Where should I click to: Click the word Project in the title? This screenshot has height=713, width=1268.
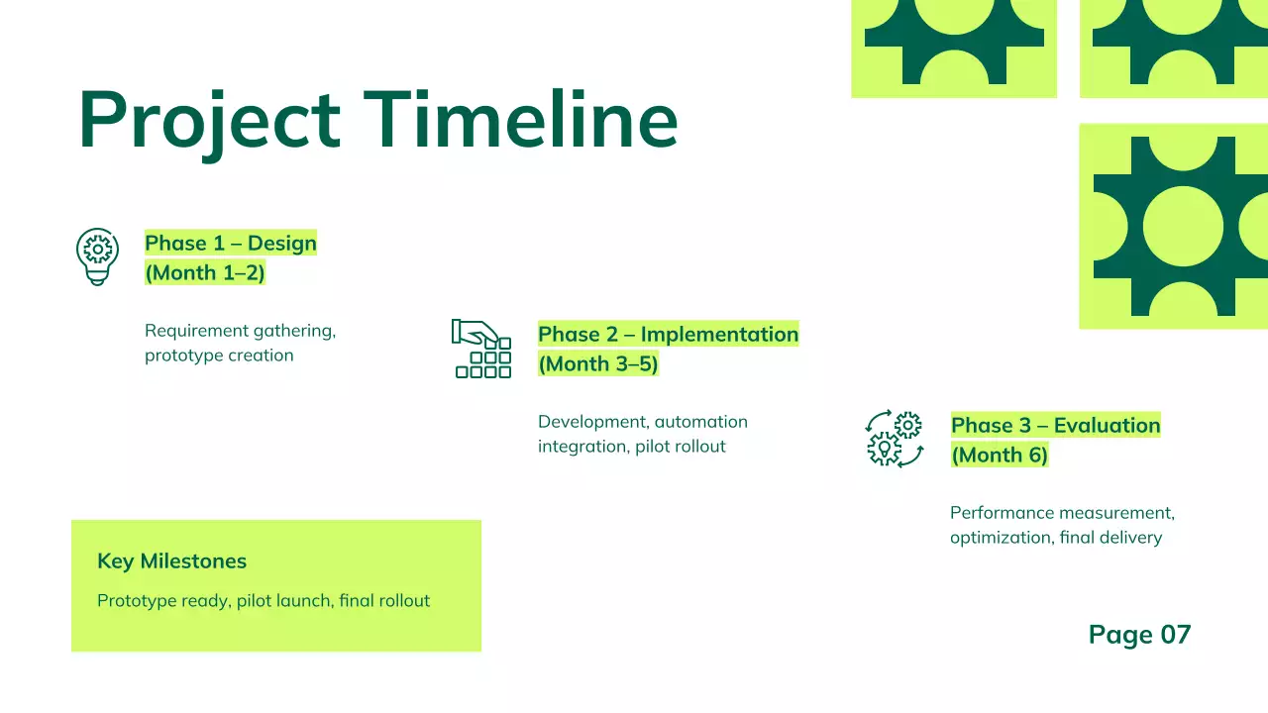[x=209, y=121]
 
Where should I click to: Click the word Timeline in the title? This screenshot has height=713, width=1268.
[x=521, y=119]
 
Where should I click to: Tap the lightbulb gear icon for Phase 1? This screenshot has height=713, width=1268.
[x=97, y=256]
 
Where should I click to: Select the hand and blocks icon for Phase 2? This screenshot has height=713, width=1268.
[x=481, y=349]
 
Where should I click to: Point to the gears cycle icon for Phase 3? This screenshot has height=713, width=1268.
[x=894, y=439]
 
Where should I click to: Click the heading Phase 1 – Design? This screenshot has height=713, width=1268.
[x=231, y=244]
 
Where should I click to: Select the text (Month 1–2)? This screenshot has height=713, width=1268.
[x=205, y=273]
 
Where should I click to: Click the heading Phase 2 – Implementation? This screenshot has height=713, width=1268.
[x=668, y=335]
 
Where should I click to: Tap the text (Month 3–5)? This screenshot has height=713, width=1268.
[x=598, y=364]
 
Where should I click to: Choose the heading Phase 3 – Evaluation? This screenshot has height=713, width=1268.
[x=1055, y=426]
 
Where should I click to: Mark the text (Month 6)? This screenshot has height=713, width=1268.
[x=1000, y=456]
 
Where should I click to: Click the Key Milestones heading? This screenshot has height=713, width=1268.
[x=171, y=561]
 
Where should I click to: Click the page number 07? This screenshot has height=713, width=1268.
[x=1175, y=635]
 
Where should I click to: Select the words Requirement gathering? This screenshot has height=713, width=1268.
[x=240, y=331]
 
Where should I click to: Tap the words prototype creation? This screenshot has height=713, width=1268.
[x=219, y=356]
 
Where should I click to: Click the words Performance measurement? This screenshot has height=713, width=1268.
[x=1062, y=513]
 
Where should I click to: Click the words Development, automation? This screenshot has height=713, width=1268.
[x=642, y=422]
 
